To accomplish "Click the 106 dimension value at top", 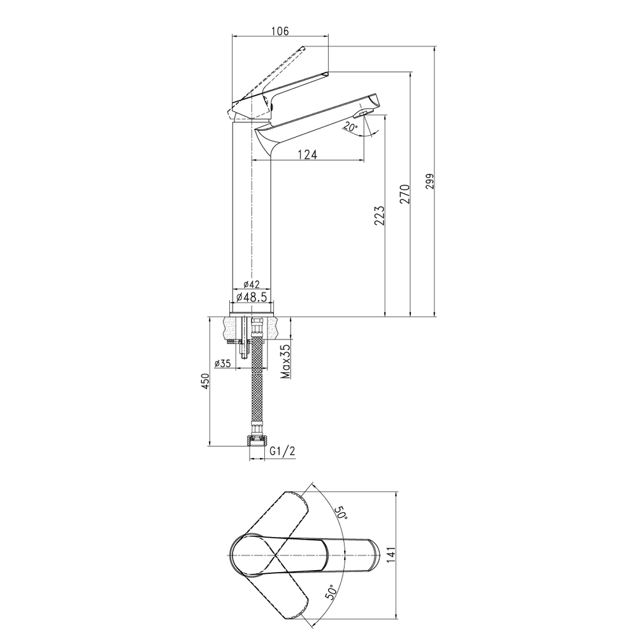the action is tap(280, 31).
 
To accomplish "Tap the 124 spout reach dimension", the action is tap(308, 154).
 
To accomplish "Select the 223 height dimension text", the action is tap(379, 216).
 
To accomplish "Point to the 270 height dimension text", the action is tap(405, 194).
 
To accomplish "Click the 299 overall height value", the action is tap(430, 181).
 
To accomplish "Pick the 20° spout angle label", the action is tap(349, 126).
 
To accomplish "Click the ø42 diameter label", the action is tap(251, 284).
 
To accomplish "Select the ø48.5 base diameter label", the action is tap(252, 297).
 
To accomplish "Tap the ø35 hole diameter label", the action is tap(222, 363).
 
